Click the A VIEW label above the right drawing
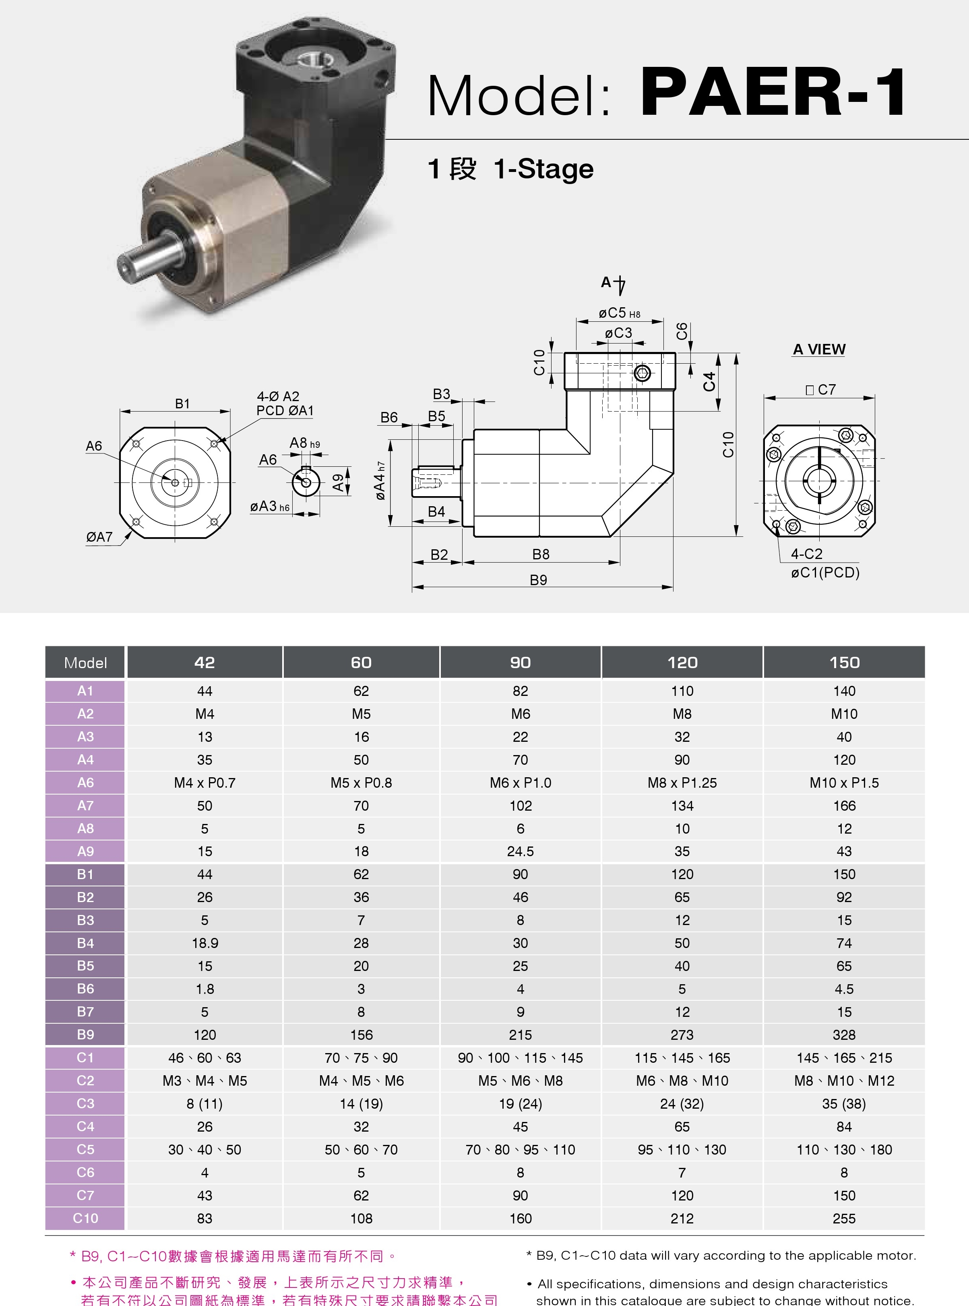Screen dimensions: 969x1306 click(x=819, y=349)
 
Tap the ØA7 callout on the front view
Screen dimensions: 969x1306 click(x=99, y=537)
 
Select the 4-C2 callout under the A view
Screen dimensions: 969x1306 click(x=806, y=554)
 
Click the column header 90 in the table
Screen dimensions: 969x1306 click(x=520, y=662)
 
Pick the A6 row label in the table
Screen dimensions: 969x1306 click(x=85, y=782)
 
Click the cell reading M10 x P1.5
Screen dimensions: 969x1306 click(x=844, y=782)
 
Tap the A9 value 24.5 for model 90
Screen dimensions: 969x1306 click(x=520, y=851)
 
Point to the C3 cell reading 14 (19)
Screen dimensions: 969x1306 click(x=362, y=1103)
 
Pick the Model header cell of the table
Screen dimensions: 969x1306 click(x=85, y=662)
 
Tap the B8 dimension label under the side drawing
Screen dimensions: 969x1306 click(x=541, y=555)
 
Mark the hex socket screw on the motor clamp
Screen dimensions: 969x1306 click(x=643, y=373)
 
